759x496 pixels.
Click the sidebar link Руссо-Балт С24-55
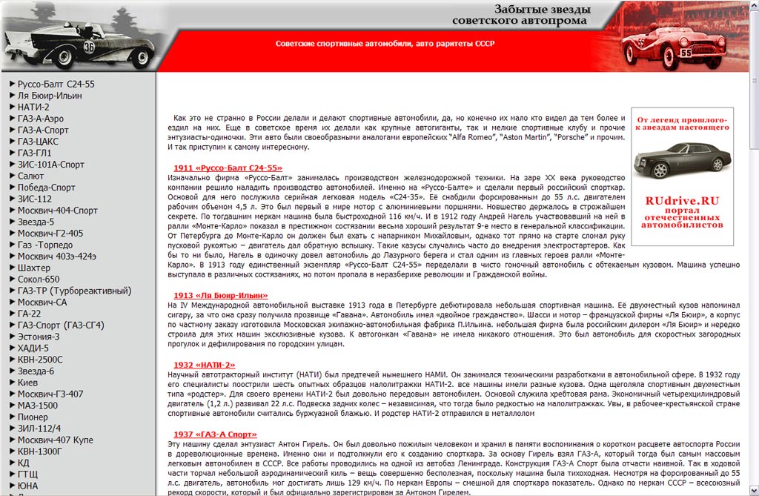[56, 85]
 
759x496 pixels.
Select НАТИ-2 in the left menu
[33, 107]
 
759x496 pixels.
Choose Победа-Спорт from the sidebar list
[47, 188]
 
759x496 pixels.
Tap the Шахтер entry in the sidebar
[34, 268]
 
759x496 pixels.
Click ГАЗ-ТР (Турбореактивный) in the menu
[74, 291]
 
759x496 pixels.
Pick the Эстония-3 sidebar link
[39, 337]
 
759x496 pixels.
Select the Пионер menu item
[33, 417]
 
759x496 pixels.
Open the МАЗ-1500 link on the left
[38, 406]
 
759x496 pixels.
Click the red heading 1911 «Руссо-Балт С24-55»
[228, 168]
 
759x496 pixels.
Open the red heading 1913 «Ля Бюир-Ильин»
[221, 296]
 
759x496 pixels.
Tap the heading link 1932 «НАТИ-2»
[205, 365]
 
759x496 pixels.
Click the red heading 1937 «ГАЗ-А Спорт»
[216, 434]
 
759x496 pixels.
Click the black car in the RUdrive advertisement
[683, 159]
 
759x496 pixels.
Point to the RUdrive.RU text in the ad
[682, 200]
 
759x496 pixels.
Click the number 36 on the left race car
[89, 47]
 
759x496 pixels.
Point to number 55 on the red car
[686, 53]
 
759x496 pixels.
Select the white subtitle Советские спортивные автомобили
[385, 44]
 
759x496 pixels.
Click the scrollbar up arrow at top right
[754, 5]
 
